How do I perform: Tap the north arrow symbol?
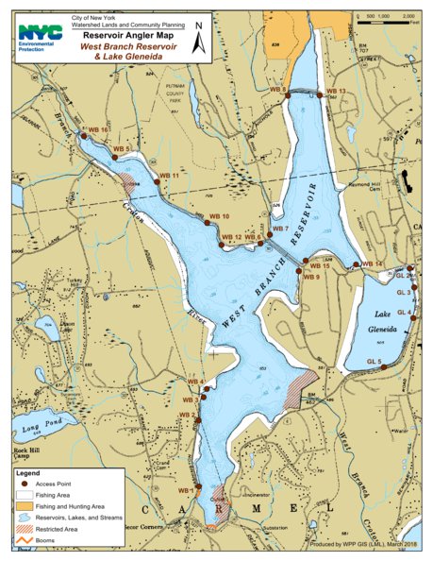click(x=199, y=41)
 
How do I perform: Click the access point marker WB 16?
click(x=84, y=136)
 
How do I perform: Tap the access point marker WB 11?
click(x=157, y=182)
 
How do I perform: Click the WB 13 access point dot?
click(x=319, y=95)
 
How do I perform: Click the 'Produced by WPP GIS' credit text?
click(x=361, y=546)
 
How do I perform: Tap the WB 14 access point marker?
click(x=356, y=264)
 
